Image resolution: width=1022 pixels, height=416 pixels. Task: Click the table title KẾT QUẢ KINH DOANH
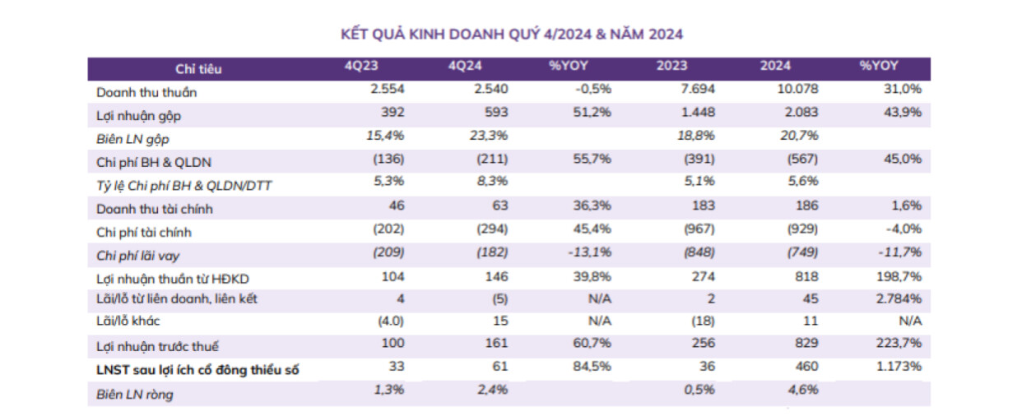(x=511, y=34)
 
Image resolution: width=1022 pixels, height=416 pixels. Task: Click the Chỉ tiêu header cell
(x=198, y=69)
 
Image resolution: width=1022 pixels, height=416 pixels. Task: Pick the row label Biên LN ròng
(x=135, y=394)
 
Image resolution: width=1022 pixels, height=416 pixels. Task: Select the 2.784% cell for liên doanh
(x=899, y=298)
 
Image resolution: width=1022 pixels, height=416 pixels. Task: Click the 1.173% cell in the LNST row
(x=899, y=367)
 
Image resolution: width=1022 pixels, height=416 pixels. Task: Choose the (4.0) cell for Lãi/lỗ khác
(x=389, y=321)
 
